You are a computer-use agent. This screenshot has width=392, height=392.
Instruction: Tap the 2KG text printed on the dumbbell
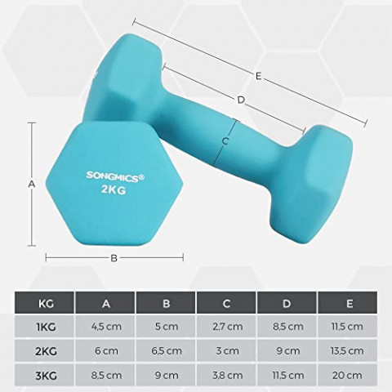[114, 189]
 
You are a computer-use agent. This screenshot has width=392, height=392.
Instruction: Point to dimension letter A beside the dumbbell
[32, 184]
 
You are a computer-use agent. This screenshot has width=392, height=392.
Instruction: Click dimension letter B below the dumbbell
[114, 258]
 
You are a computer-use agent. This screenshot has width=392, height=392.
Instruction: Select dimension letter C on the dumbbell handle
[226, 140]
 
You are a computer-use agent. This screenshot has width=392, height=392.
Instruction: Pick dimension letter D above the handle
[241, 100]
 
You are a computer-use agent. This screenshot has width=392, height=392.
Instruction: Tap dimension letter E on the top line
[258, 76]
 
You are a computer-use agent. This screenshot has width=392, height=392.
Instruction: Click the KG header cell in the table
[46, 304]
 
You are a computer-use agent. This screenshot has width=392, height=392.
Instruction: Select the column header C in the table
[226, 304]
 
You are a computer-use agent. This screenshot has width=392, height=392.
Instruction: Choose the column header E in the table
[350, 304]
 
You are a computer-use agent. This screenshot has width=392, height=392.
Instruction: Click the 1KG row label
[46, 326]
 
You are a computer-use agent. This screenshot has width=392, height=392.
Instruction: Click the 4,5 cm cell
[105, 326]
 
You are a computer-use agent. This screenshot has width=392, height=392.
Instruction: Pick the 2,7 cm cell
[226, 326]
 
